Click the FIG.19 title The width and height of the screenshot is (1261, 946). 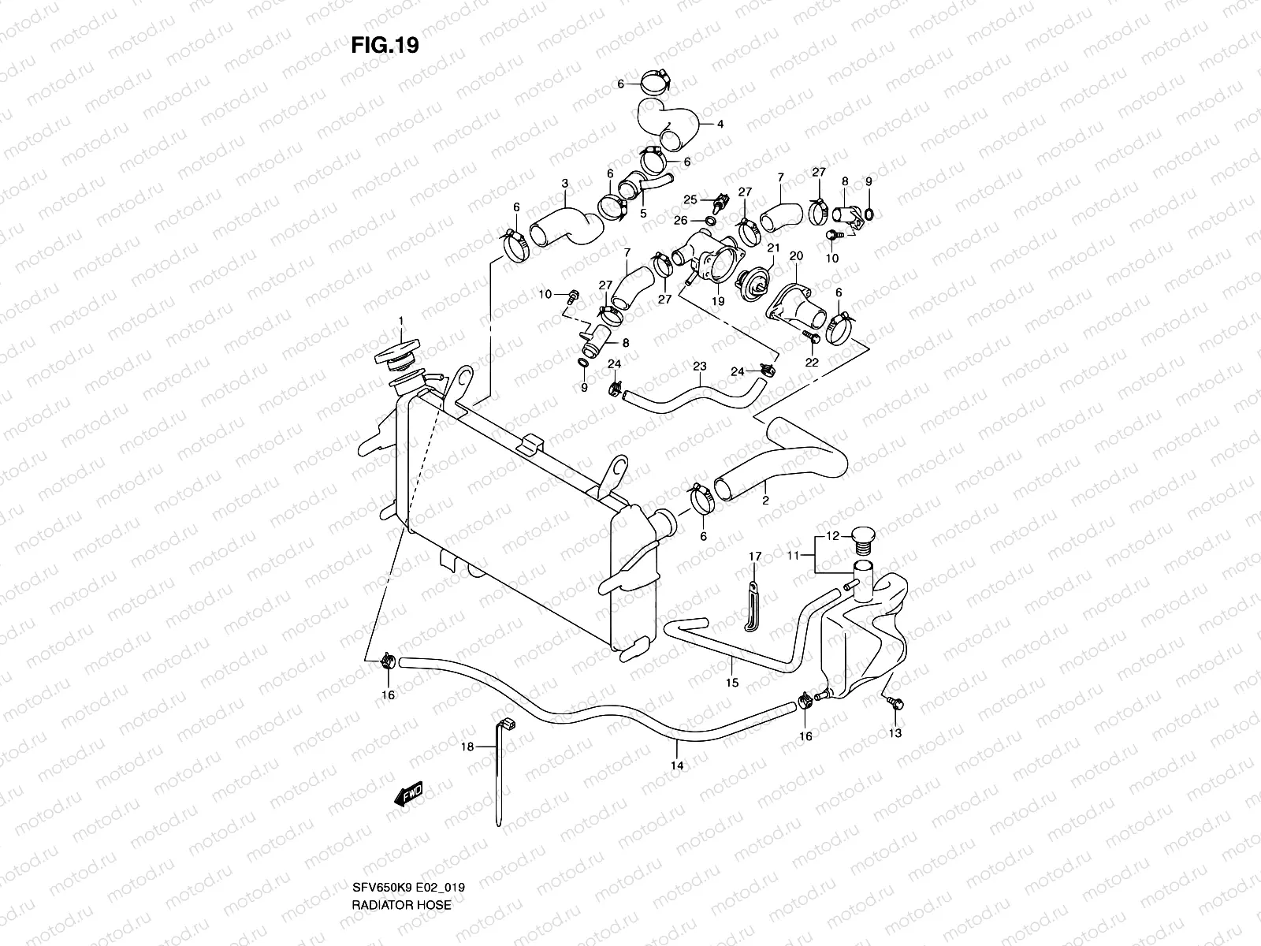coord(385,46)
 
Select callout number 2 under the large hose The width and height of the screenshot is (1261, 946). coord(764,500)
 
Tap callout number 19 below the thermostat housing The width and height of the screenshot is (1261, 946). coord(718,300)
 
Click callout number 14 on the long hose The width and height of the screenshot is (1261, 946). coord(676,765)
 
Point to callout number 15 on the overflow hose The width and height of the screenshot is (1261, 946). coord(731,683)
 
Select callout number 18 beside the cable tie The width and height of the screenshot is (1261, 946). coord(467,747)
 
